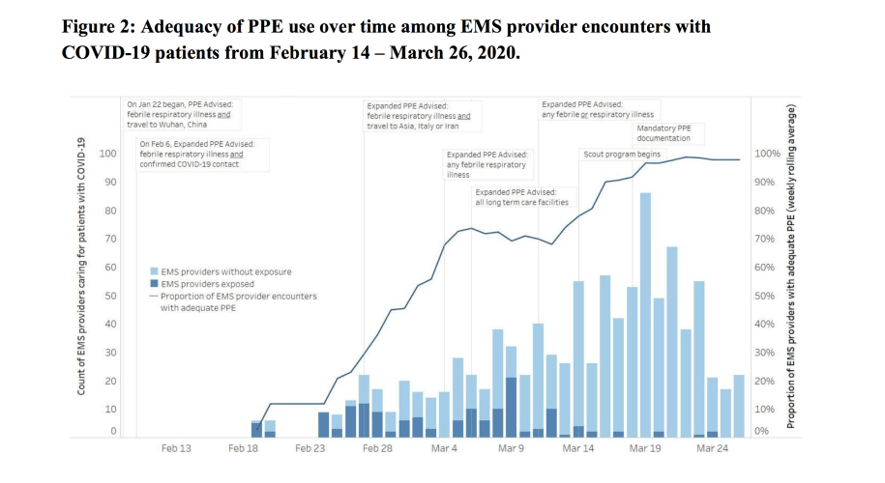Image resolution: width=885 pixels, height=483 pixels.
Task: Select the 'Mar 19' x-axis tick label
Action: pyautogui.click(x=644, y=448)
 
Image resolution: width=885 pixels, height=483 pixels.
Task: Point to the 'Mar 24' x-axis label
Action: pyautogui.click(x=712, y=448)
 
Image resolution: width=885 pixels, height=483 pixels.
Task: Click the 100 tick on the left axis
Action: pyautogui.click(x=107, y=154)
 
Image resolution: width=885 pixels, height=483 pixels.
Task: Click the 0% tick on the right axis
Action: pyautogui.click(x=763, y=431)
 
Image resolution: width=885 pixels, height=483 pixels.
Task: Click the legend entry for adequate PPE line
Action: pyautogui.click(x=233, y=302)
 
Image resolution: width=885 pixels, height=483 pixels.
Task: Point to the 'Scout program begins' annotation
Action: pyautogui.click(x=621, y=154)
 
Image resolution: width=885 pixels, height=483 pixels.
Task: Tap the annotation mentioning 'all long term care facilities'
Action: pyautogui.click(x=521, y=197)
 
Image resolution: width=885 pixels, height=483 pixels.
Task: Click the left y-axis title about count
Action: pyautogui.click(x=83, y=266)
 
